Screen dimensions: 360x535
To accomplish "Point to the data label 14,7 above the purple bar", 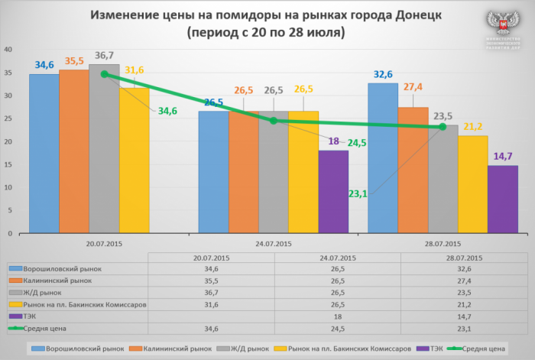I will point(502,156).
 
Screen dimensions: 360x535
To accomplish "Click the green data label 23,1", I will point(358,194).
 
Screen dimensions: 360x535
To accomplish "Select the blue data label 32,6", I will point(382,74).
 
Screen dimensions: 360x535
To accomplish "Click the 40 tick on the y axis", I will point(8,49).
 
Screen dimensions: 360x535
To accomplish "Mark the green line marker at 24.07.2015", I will point(274,120).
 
